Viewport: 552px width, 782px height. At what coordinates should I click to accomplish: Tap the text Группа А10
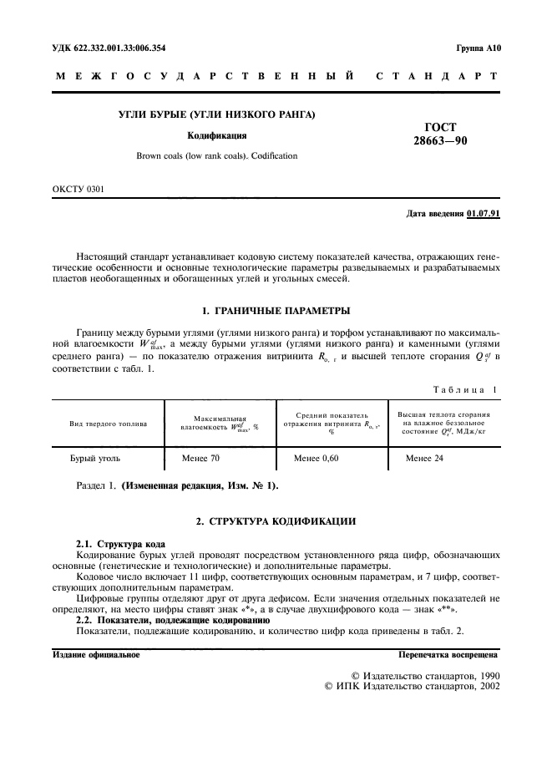(477, 48)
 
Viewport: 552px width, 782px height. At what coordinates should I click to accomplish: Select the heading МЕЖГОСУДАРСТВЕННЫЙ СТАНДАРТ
(276, 77)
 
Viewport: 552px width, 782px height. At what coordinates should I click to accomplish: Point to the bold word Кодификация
(216, 135)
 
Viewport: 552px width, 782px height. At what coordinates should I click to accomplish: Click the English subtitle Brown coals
(216, 155)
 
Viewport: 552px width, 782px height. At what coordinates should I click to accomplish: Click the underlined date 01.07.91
(484, 215)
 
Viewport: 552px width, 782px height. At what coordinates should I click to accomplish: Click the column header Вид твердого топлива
(108, 424)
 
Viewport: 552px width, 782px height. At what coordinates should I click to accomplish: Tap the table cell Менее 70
(201, 459)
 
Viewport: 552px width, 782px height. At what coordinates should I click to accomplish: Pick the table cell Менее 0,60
(317, 459)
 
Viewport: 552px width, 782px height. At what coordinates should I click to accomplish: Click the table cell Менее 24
(424, 459)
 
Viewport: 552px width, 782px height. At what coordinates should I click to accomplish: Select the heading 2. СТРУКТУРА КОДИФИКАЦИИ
(276, 522)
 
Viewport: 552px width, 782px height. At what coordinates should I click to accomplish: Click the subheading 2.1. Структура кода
(121, 544)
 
